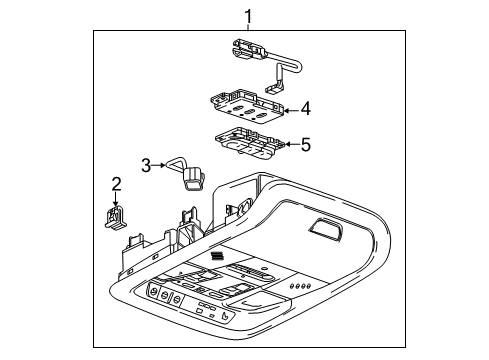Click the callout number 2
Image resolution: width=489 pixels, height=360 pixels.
(x=116, y=183)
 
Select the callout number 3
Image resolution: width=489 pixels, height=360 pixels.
(x=146, y=165)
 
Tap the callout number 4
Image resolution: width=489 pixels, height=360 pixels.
(x=305, y=107)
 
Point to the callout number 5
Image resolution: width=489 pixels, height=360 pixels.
(x=305, y=145)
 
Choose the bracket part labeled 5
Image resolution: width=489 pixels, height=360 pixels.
(x=251, y=143)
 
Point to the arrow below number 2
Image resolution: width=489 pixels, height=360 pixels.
(x=116, y=199)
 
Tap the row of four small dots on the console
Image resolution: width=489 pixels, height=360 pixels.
(x=298, y=287)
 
